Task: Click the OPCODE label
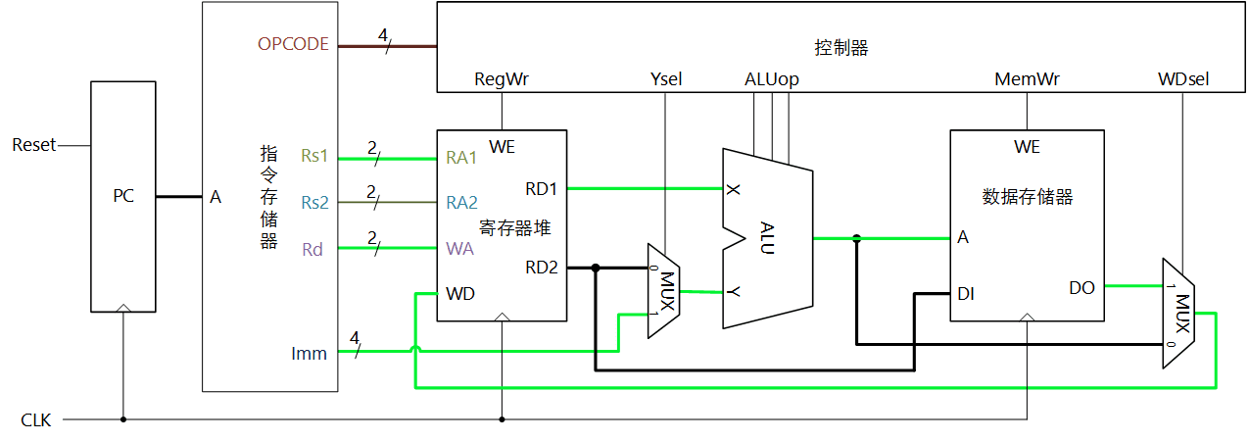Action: [293, 44]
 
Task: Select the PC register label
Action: [122, 196]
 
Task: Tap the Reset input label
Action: [33, 145]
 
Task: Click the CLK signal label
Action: [35, 420]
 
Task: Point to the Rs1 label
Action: [314, 156]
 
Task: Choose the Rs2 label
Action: [314, 203]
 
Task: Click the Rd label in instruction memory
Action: [312, 249]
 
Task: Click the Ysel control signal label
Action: [665, 79]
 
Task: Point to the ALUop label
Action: [772, 79]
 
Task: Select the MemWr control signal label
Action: [1027, 79]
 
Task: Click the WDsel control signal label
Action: [1182, 79]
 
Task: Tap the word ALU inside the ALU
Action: [767, 237]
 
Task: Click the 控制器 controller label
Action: [841, 47]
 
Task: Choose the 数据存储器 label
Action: [1027, 197]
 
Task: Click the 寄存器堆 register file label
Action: [514, 228]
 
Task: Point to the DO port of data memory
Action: [1081, 287]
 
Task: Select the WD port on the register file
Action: [460, 293]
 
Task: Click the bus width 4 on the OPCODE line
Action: [383, 34]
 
